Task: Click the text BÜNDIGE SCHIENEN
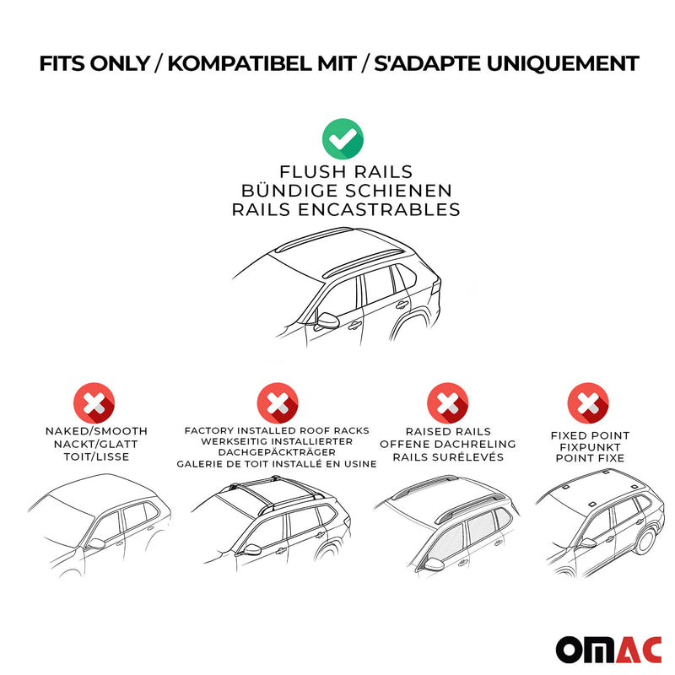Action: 346,192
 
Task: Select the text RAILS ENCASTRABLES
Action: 346,209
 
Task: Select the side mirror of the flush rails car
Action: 327,321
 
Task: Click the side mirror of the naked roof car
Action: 95,543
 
